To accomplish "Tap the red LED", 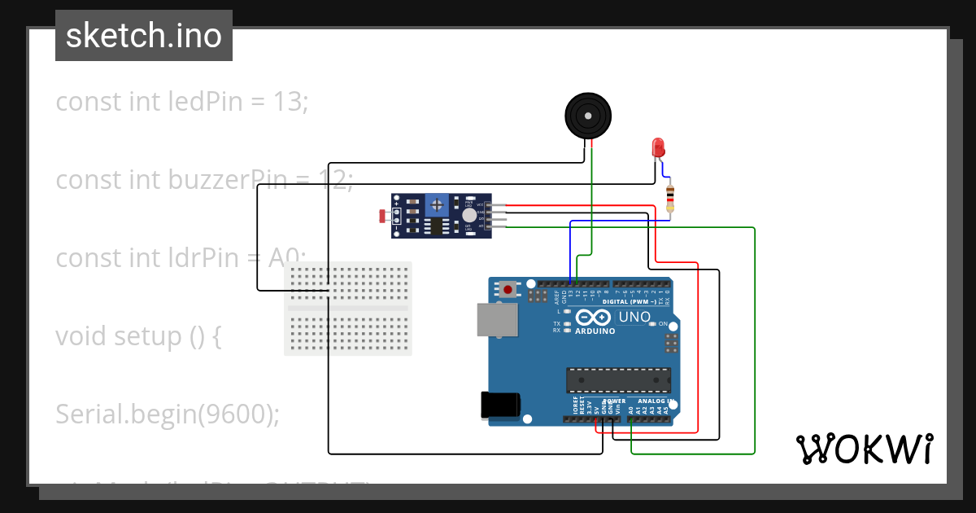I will pos(658,147).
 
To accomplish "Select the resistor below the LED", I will pos(670,197).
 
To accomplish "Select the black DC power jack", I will pos(498,405).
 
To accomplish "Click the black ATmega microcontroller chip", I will pos(619,379).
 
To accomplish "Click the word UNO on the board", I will pos(634,317).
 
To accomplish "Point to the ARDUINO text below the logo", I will pos(595,331).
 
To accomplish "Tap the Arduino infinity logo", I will pos(591,318).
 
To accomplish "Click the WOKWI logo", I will pos(864,449).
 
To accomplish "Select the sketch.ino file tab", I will pos(144,36).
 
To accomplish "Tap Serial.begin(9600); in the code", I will pos(168,414).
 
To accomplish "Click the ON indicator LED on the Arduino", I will pos(652,324).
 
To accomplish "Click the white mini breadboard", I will pos(348,309).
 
